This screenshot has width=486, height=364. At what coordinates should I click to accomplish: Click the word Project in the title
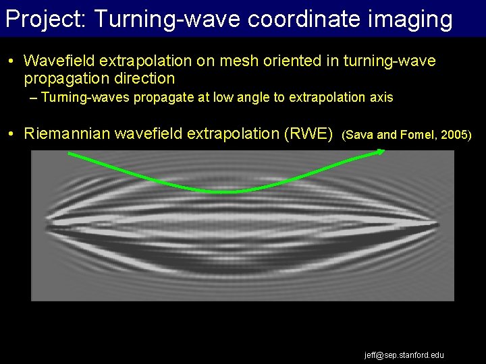tap(43, 19)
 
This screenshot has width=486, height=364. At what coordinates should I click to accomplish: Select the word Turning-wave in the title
tap(167, 19)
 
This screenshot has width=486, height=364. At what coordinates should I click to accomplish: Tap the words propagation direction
tap(99, 79)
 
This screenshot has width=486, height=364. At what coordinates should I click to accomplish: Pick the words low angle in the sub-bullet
tap(240, 98)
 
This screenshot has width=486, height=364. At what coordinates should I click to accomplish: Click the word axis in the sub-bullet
tap(380, 98)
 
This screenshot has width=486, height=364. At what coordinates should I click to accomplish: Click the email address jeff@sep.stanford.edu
tap(404, 355)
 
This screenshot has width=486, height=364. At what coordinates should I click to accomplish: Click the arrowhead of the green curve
tap(381, 152)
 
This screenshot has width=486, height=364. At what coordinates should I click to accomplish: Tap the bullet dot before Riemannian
tap(13, 134)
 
